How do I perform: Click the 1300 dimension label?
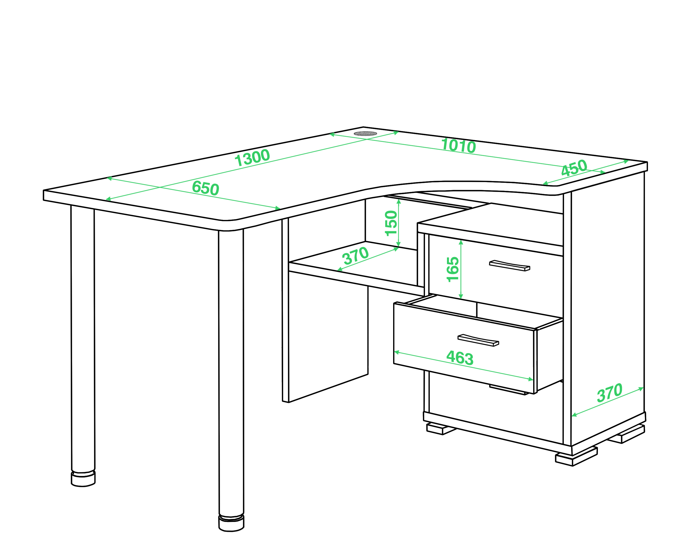[252, 158]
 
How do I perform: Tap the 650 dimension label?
[206, 188]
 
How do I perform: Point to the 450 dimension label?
[574, 168]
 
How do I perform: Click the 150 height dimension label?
[391, 223]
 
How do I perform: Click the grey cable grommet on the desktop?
[365, 133]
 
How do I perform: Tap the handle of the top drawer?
[509, 265]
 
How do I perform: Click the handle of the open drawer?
[478, 340]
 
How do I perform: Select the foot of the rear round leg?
[83, 479]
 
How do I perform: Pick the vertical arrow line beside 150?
[399, 223]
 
